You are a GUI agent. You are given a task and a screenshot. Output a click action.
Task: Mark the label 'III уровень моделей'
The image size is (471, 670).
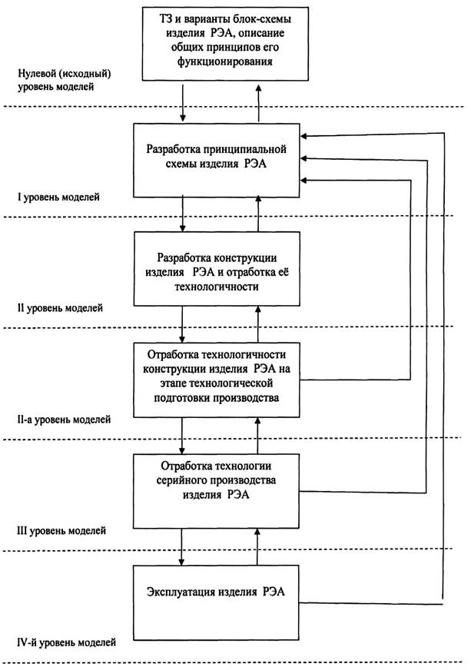click(x=61, y=530)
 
